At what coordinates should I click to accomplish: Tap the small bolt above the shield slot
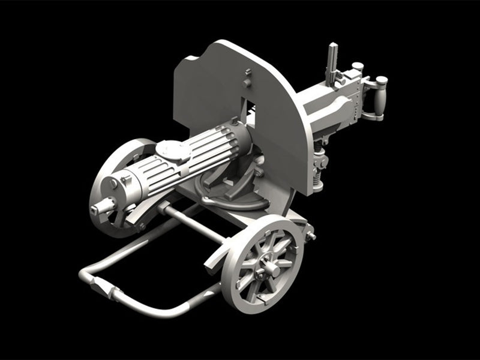pyautogui.click(x=247, y=74)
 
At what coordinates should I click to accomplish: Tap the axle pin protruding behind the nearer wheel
pyautogui.click(x=310, y=236)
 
